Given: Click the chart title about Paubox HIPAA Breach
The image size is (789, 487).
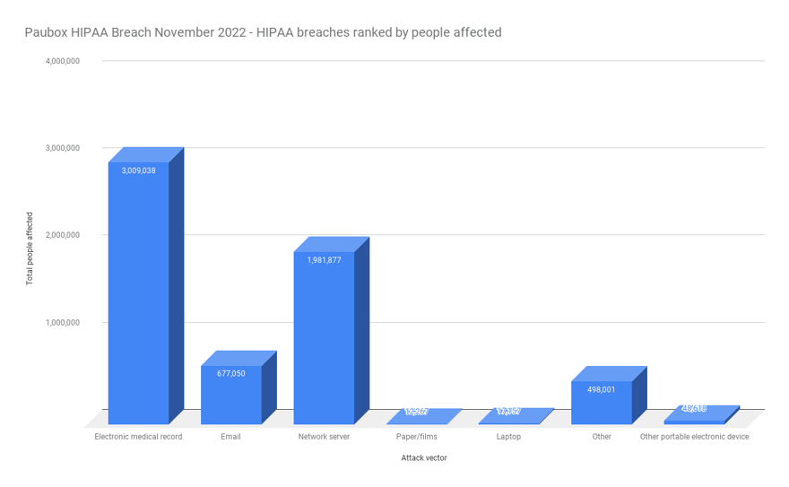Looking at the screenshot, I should tap(263, 32).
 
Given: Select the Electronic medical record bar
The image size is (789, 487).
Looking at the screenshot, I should tap(139, 296).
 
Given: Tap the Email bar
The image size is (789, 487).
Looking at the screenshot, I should tap(231, 399).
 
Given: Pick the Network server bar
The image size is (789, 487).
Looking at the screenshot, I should tap(324, 341).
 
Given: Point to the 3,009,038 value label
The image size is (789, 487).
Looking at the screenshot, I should tap(139, 170).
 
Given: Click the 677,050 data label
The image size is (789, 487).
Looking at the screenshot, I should tap(231, 373).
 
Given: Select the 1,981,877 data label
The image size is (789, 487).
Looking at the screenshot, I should tap(324, 260).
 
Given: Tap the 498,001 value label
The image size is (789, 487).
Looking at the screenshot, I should tap(602, 389).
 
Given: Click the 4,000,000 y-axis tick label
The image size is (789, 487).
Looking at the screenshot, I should tap(63, 61).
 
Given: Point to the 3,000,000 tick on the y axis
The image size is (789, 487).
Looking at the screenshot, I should tap(63, 148).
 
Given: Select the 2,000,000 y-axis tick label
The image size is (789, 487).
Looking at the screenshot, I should tap(63, 235).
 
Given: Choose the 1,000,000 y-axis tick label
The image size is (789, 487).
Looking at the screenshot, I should tap(63, 322).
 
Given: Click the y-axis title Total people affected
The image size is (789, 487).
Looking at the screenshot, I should tap(30, 248).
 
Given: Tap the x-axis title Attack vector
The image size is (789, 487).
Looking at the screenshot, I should tap(424, 457).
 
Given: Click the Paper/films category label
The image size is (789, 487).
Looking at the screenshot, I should tap(417, 437).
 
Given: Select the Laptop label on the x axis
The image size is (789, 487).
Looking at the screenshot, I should tap(508, 437).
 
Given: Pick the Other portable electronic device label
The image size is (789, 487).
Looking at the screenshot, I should tap(694, 437).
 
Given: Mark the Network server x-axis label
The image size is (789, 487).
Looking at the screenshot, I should tap(324, 437).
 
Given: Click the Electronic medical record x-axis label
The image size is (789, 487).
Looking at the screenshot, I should tap(138, 437).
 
